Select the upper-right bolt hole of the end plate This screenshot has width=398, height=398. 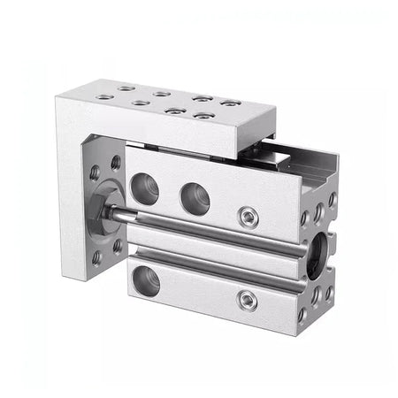click(x=116, y=163)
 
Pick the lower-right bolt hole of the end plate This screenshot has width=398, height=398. click(x=117, y=245)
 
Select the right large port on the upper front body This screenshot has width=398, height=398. click(x=194, y=196)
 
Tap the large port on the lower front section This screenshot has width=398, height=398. click(x=147, y=282)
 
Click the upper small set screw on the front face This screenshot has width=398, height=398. click(x=249, y=215)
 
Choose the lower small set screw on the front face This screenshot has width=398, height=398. click(x=249, y=301)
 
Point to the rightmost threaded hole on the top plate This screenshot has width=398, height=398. click(x=230, y=103)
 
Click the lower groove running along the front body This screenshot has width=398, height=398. click(x=221, y=274)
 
